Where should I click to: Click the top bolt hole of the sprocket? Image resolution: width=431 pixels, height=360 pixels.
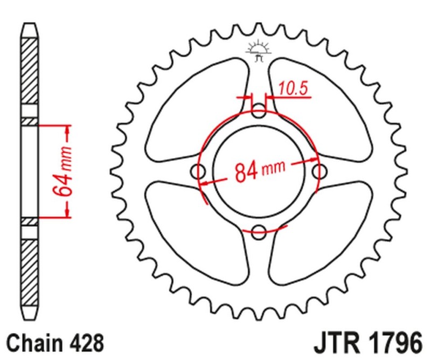click(260, 113)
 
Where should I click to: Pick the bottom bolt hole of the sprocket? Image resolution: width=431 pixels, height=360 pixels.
click(260, 232)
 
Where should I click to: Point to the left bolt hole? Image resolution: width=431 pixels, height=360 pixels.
click(200, 173)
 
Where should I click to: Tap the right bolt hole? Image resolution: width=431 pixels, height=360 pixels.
click(319, 172)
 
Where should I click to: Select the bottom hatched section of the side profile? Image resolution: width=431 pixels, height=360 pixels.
click(30, 269)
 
